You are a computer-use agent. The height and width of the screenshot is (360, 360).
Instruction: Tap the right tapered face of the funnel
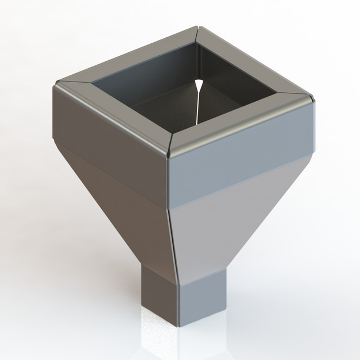coord(236,225)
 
